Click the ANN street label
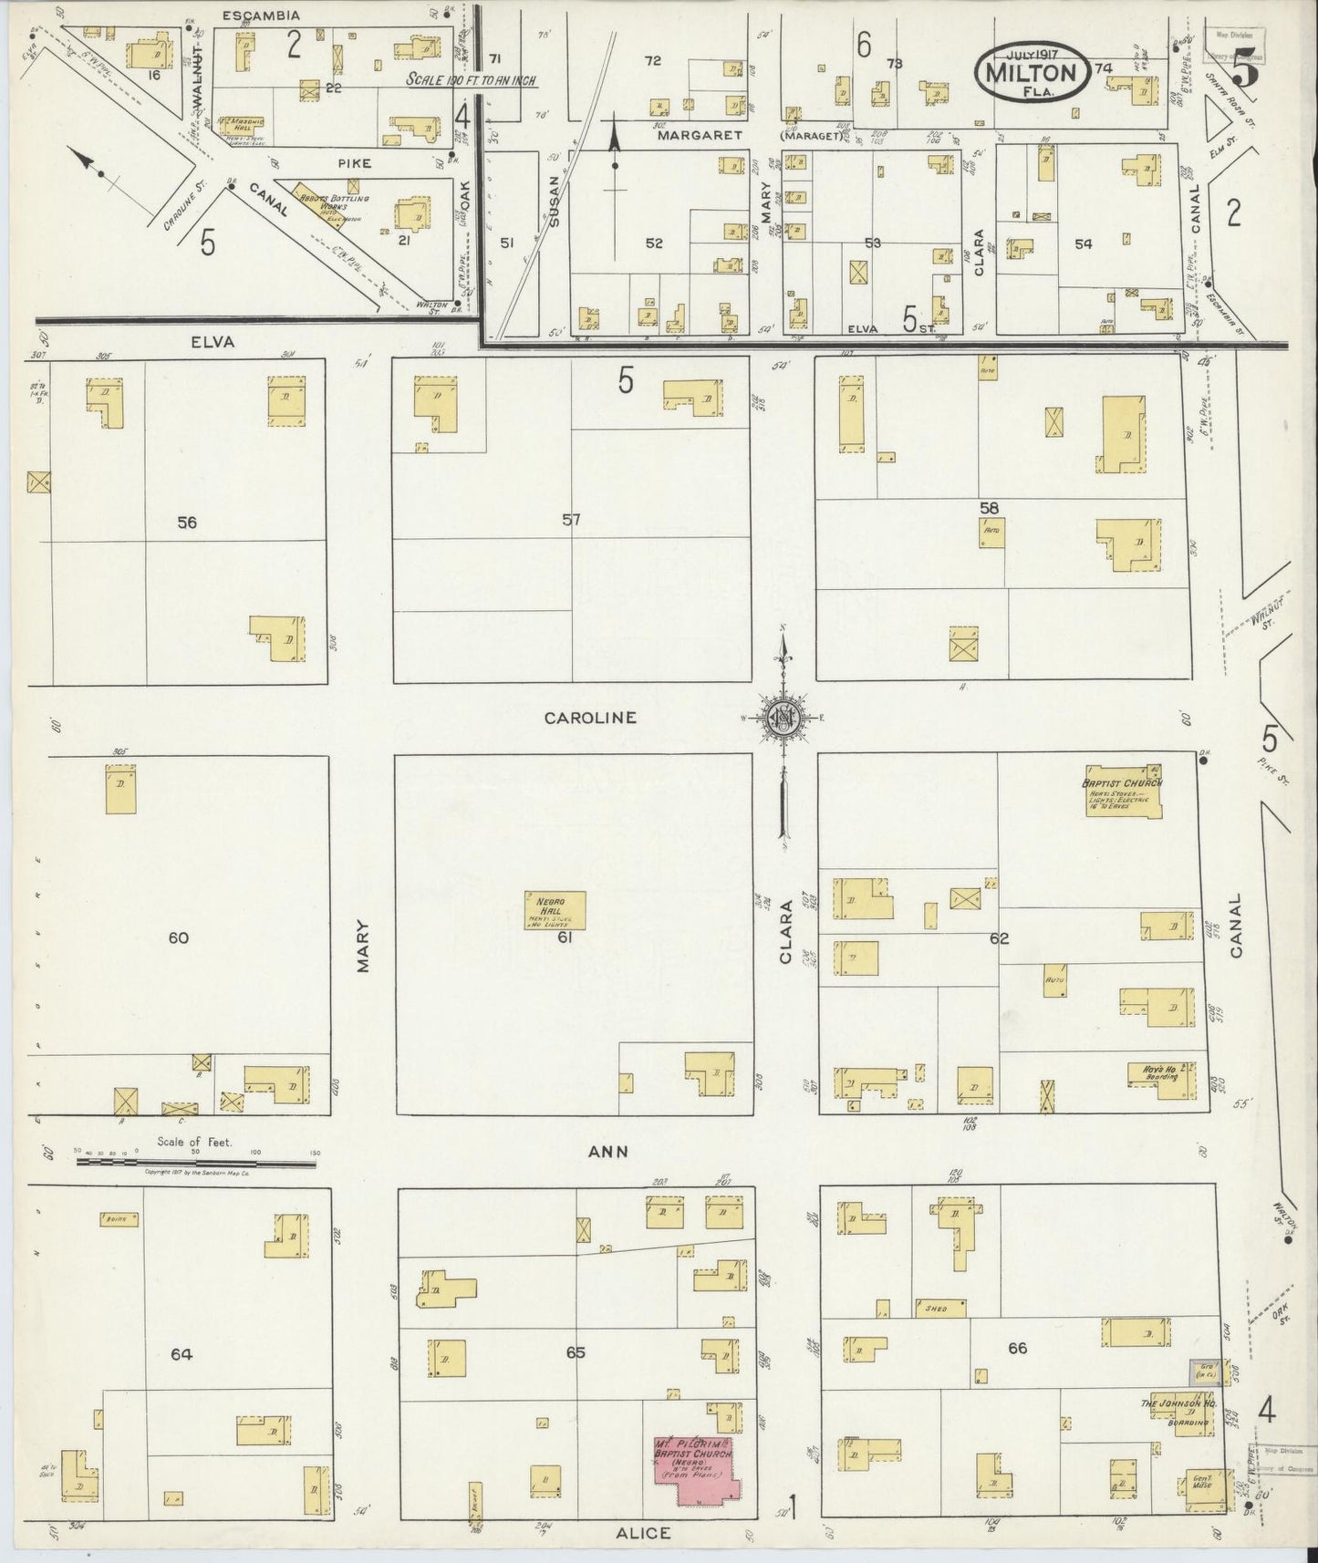click(607, 1152)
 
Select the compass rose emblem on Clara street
click(783, 717)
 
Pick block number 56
click(187, 523)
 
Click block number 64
click(182, 1354)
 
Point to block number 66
click(1017, 1348)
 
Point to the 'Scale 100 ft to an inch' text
click(471, 80)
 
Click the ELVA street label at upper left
click(213, 342)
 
